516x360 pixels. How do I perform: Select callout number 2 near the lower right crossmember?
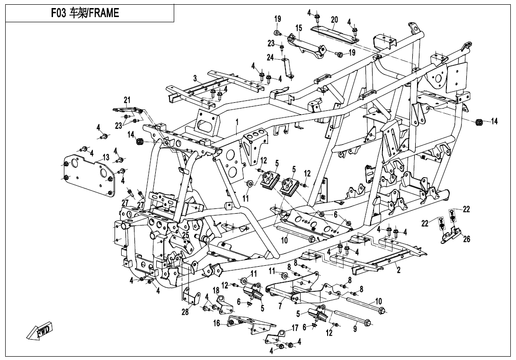point(399,270)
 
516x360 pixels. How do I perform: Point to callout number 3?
point(195,78)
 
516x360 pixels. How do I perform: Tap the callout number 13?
point(106,157)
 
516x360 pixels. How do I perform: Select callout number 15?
point(299,28)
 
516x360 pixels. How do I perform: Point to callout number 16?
point(216,324)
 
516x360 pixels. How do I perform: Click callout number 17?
point(294,327)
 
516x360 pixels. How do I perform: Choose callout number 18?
point(216,289)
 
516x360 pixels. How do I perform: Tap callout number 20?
point(335,20)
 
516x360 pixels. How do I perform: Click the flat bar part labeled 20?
point(334,30)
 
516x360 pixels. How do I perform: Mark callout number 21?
point(127,99)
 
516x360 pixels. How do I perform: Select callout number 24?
point(270,58)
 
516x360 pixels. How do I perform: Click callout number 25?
point(186,235)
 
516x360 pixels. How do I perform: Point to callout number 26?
point(467,239)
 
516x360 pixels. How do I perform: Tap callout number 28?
point(185,312)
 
